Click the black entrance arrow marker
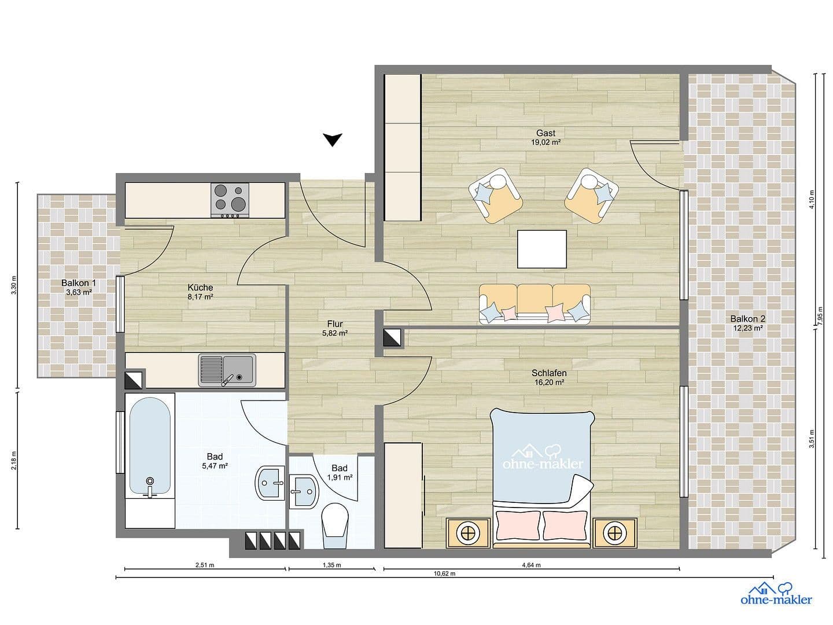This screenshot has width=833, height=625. pos(333,139)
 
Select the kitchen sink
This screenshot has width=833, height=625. pos(226,370)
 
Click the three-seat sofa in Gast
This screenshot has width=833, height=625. pos(535,303)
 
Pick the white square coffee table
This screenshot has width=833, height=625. pos(542,249)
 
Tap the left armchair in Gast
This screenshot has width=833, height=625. pos(496,196)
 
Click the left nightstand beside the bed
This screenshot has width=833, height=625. pos(469,532)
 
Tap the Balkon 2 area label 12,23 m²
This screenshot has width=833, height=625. pos(747,328)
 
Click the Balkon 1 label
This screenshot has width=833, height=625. pos(79,283)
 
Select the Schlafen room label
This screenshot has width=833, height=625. pos(548,373)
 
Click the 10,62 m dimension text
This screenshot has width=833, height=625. pos(444,574)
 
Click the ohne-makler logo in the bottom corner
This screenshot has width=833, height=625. pos(776,594)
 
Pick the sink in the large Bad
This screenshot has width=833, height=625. pos(270,481)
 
